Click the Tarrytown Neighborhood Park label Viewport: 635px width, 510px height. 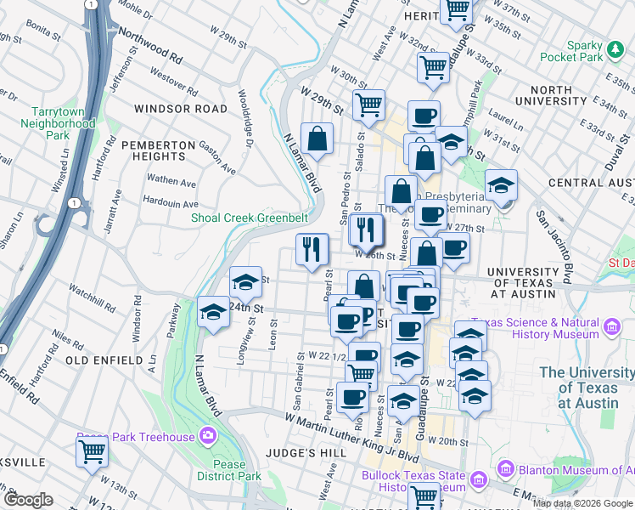click(x=63, y=123)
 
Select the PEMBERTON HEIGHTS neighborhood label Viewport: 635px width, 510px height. click(x=153, y=150)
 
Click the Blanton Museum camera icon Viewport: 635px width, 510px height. click(x=506, y=469)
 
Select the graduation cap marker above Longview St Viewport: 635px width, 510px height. click(x=245, y=281)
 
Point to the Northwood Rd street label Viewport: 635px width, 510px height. click(x=151, y=46)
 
